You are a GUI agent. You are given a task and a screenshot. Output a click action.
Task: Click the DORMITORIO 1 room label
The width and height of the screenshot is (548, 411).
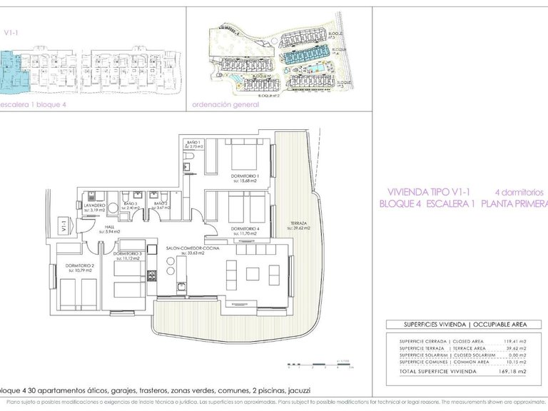coord(234,176)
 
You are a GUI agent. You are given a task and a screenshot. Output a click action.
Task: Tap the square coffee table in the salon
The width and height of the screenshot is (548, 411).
coord(254,274)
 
